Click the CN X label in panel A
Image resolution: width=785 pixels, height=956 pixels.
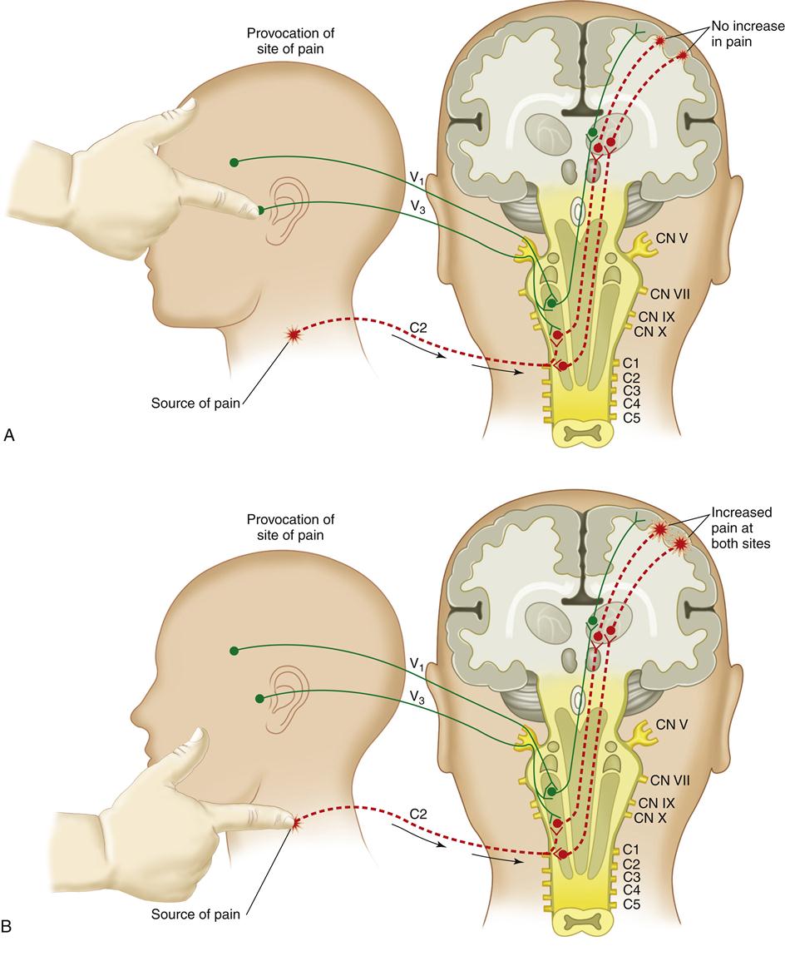[x=650, y=331]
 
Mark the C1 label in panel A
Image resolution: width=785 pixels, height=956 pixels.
[x=632, y=364]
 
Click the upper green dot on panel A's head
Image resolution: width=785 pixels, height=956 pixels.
[x=235, y=161]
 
